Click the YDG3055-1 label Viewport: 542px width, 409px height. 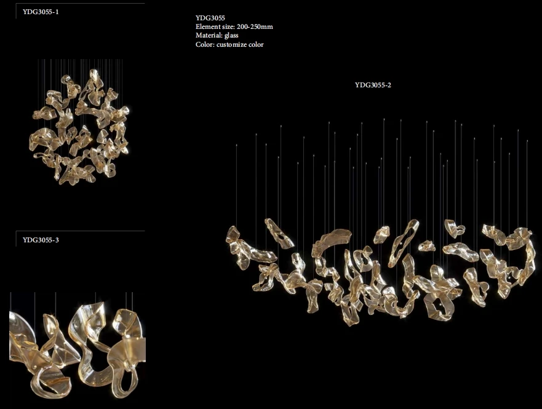pyautogui.click(x=41, y=12)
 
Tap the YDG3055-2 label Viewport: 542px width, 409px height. pyautogui.click(x=373, y=85)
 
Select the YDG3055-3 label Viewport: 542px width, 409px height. pyautogui.click(x=41, y=240)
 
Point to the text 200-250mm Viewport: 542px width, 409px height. pyautogui.click(x=255, y=26)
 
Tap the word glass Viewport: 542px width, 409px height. pyautogui.click(x=231, y=36)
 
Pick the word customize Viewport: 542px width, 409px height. pyautogui.click(x=231, y=44)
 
